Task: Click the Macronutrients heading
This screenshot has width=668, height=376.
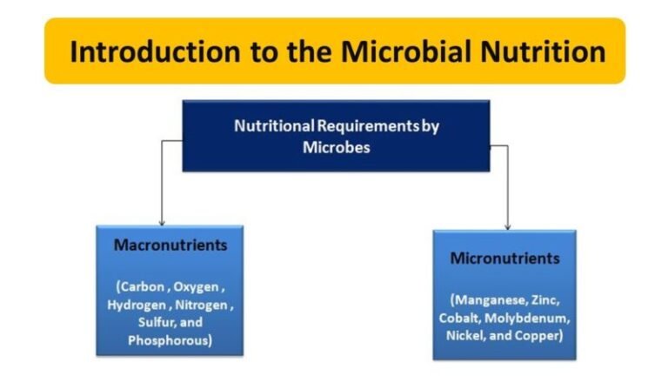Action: point(170,245)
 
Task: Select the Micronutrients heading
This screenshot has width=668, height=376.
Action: point(505,258)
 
